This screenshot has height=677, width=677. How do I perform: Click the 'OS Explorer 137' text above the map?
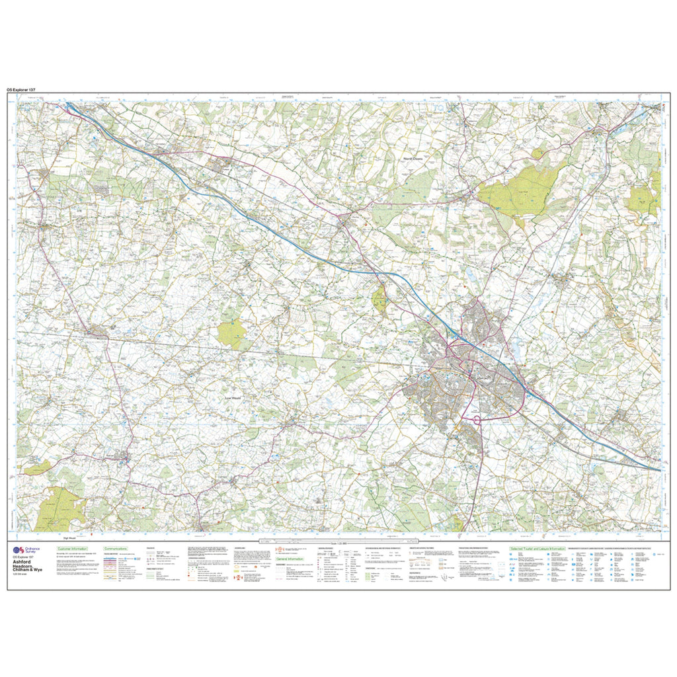[25, 89]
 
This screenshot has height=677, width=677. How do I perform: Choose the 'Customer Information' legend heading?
[73, 549]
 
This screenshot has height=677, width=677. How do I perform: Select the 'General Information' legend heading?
[290, 559]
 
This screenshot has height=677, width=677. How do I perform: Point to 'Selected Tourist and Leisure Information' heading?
[536, 549]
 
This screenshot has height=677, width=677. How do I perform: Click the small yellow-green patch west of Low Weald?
[231, 335]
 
